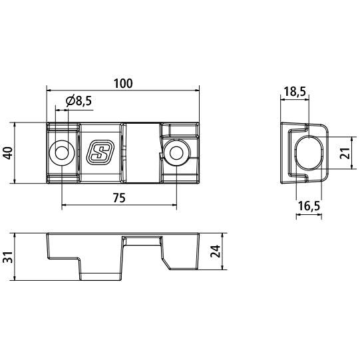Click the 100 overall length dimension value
123,84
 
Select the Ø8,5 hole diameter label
79,101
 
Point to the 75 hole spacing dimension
119,197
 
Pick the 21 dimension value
344,152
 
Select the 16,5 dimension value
309,207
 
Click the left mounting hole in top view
62,152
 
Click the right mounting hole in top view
176,152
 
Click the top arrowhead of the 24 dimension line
220,235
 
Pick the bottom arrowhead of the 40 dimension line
15,180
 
